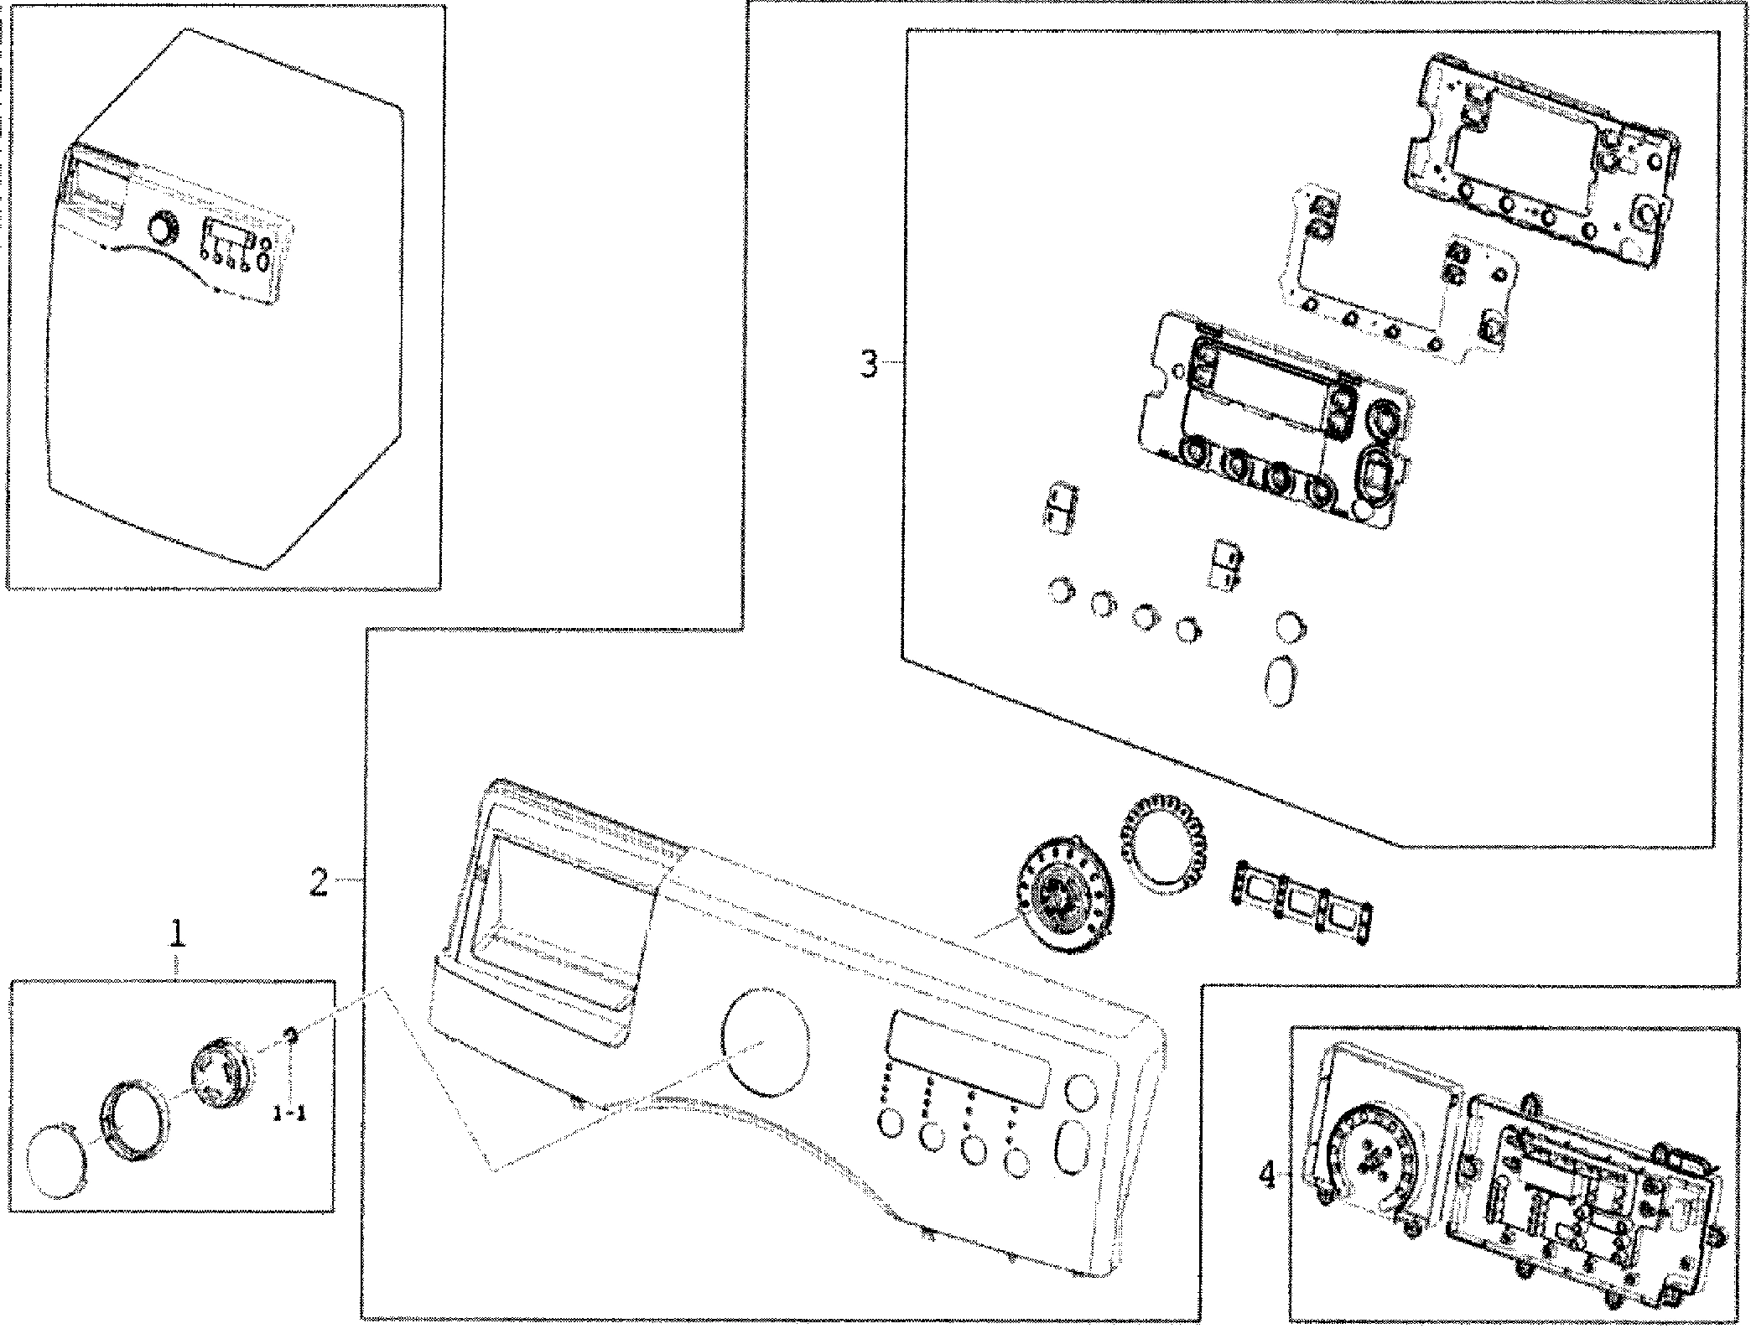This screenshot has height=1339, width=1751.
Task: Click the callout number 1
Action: (x=176, y=933)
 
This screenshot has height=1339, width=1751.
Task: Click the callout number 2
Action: (x=319, y=882)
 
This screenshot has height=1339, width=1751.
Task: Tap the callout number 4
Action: (x=1267, y=1176)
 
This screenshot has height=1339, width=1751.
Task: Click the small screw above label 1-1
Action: (x=291, y=1037)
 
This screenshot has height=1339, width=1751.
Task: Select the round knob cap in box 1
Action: (x=57, y=1160)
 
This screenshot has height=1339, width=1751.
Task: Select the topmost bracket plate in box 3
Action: (x=1543, y=151)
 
